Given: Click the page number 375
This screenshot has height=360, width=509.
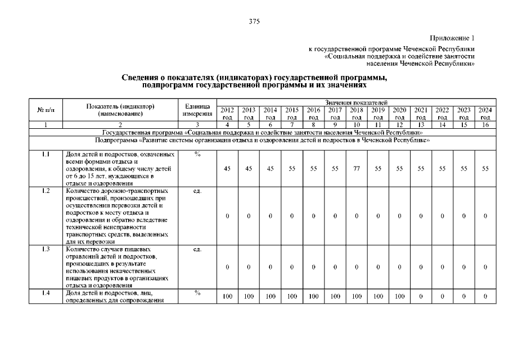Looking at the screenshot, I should tap(254, 22).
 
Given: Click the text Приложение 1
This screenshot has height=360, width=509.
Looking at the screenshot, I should tap(452, 38).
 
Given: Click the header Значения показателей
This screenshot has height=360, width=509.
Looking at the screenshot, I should tap(356, 102).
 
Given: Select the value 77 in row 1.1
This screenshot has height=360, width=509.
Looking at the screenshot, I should tap(356, 168).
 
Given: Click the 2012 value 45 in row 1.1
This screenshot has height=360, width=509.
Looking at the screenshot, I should tap(227, 168).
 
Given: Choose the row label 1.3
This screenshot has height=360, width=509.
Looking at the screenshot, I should tap(46, 249).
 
